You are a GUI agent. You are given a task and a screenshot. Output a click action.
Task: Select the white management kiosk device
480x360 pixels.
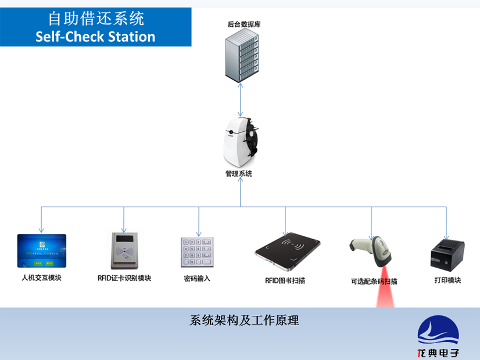click(x=239, y=140)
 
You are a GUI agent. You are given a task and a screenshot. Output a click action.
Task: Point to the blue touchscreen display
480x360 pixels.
click(x=42, y=250)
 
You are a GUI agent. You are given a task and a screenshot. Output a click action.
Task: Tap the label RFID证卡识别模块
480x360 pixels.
click(x=124, y=278)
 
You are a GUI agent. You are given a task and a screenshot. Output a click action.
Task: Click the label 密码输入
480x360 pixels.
click(x=197, y=279)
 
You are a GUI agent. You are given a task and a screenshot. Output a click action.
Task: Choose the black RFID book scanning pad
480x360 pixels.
click(x=289, y=250)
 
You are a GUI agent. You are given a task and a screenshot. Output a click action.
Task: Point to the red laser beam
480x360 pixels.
click(x=385, y=290)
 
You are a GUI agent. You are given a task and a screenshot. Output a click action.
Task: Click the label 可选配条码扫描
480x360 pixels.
click(x=374, y=282)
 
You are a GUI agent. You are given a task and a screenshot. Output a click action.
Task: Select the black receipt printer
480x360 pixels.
click(x=446, y=253)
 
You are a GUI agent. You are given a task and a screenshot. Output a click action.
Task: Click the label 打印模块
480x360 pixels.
click(x=447, y=280)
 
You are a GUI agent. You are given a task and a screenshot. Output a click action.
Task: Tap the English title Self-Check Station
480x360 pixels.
click(x=95, y=37)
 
